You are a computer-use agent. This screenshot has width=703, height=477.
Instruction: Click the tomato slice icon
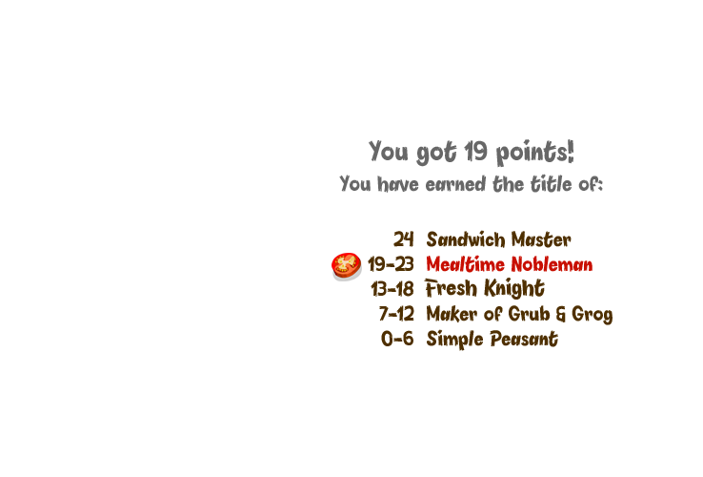click(346, 266)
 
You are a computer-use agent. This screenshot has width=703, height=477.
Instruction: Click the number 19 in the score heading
click(475, 151)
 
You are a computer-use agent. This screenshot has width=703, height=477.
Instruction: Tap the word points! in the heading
click(535, 153)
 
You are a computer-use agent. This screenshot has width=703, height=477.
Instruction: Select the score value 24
click(404, 239)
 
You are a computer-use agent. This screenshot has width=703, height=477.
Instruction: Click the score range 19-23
click(391, 264)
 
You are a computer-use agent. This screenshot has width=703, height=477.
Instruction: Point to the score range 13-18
click(392, 289)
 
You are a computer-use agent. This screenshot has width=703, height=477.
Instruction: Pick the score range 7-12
click(396, 314)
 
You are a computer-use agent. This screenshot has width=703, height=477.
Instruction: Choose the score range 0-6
click(397, 339)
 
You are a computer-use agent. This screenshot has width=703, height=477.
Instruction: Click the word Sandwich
click(466, 239)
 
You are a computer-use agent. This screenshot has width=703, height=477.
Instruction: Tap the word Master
click(541, 239)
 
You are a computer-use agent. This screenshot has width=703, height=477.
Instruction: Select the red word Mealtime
click(465, 264)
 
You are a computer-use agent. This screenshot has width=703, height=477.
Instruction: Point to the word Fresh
click(451, 288)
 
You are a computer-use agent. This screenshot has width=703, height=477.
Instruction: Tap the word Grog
click(593, 315)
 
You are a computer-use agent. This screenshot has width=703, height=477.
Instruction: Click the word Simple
click(454, 339)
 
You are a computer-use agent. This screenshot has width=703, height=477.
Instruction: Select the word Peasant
click(524, 339)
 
